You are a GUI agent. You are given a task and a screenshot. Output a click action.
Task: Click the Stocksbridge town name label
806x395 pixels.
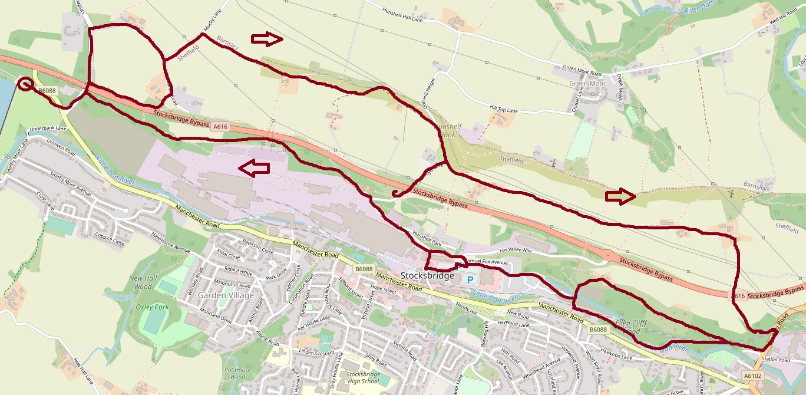(427, 276)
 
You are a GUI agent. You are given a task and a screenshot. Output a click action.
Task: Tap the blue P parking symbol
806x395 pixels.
(470, 279)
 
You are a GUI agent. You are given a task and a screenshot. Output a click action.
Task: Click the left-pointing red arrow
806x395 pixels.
(253, 168)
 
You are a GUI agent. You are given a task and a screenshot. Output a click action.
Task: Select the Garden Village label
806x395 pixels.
(226, 295)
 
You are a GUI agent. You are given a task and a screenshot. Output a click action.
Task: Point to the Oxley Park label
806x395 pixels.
(153, 307)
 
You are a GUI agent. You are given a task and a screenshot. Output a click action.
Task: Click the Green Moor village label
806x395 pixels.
(587, 84)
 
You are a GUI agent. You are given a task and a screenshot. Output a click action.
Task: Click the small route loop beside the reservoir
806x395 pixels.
(25, 84)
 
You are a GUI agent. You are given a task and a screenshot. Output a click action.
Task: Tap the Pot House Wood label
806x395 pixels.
(234, 373)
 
